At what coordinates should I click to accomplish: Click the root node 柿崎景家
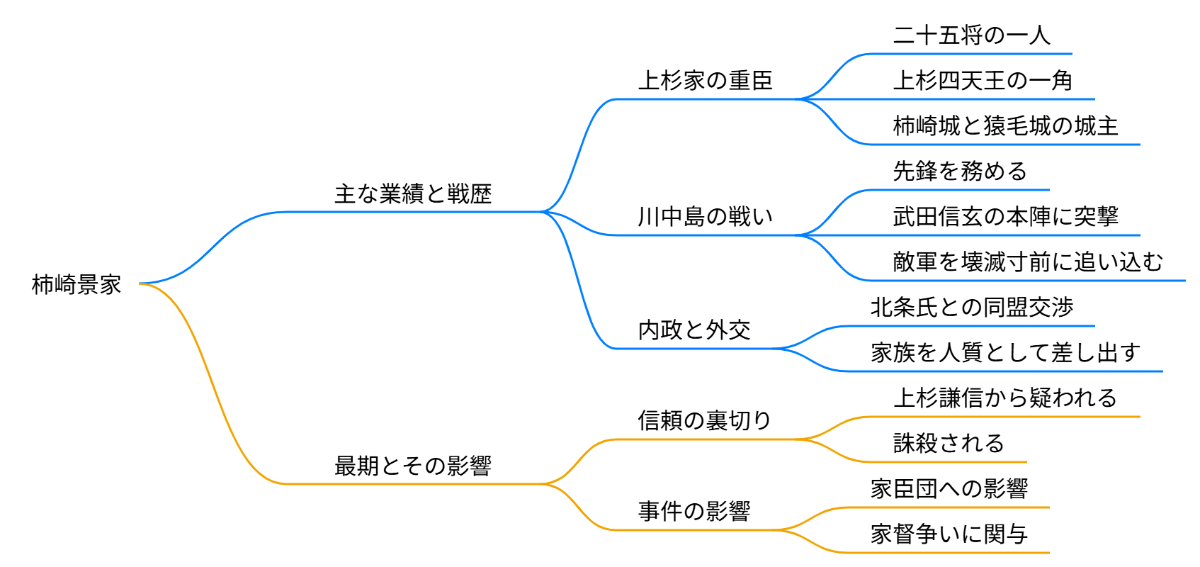[77, 284]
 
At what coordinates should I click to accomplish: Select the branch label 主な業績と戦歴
[413, 193]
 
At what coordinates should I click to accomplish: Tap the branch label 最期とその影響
[413, 466]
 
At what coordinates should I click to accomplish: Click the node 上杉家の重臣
[705, 80]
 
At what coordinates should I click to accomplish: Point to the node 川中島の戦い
[705, 216]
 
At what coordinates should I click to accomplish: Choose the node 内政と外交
[694, 330]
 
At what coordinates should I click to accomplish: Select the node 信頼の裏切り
[705, 420]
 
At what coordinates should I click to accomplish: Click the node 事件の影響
[694, 511]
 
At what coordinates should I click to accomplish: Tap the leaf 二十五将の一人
[971, 35]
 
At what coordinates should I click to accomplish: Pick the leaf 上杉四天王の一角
[983, 80]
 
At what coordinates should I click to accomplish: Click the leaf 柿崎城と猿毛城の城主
[1005, 125]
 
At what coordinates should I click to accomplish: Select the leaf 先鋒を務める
[960, 171]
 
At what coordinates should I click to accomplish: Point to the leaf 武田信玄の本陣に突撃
[1005, 216]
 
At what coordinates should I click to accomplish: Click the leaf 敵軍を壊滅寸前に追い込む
[1028, 262]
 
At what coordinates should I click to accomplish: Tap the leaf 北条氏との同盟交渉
[972, 307]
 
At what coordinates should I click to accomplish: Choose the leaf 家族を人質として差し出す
[1005, 352]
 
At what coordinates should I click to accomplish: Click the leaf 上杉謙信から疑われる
[1005, 398]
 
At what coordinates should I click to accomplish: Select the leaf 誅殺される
[949, 443]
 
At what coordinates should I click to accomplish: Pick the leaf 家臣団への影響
[949, 488]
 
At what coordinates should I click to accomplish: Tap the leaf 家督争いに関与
[949, 534]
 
